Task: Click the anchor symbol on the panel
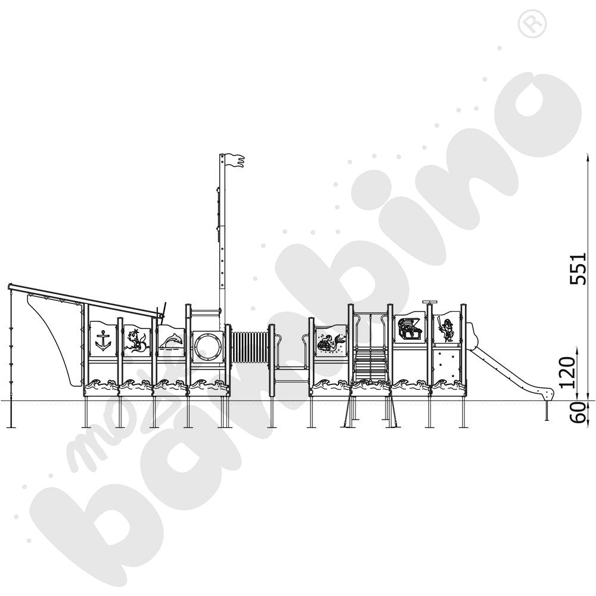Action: tap(103, 340)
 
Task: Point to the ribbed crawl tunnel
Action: tap(249, 347)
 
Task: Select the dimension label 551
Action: tap(579, 268)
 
